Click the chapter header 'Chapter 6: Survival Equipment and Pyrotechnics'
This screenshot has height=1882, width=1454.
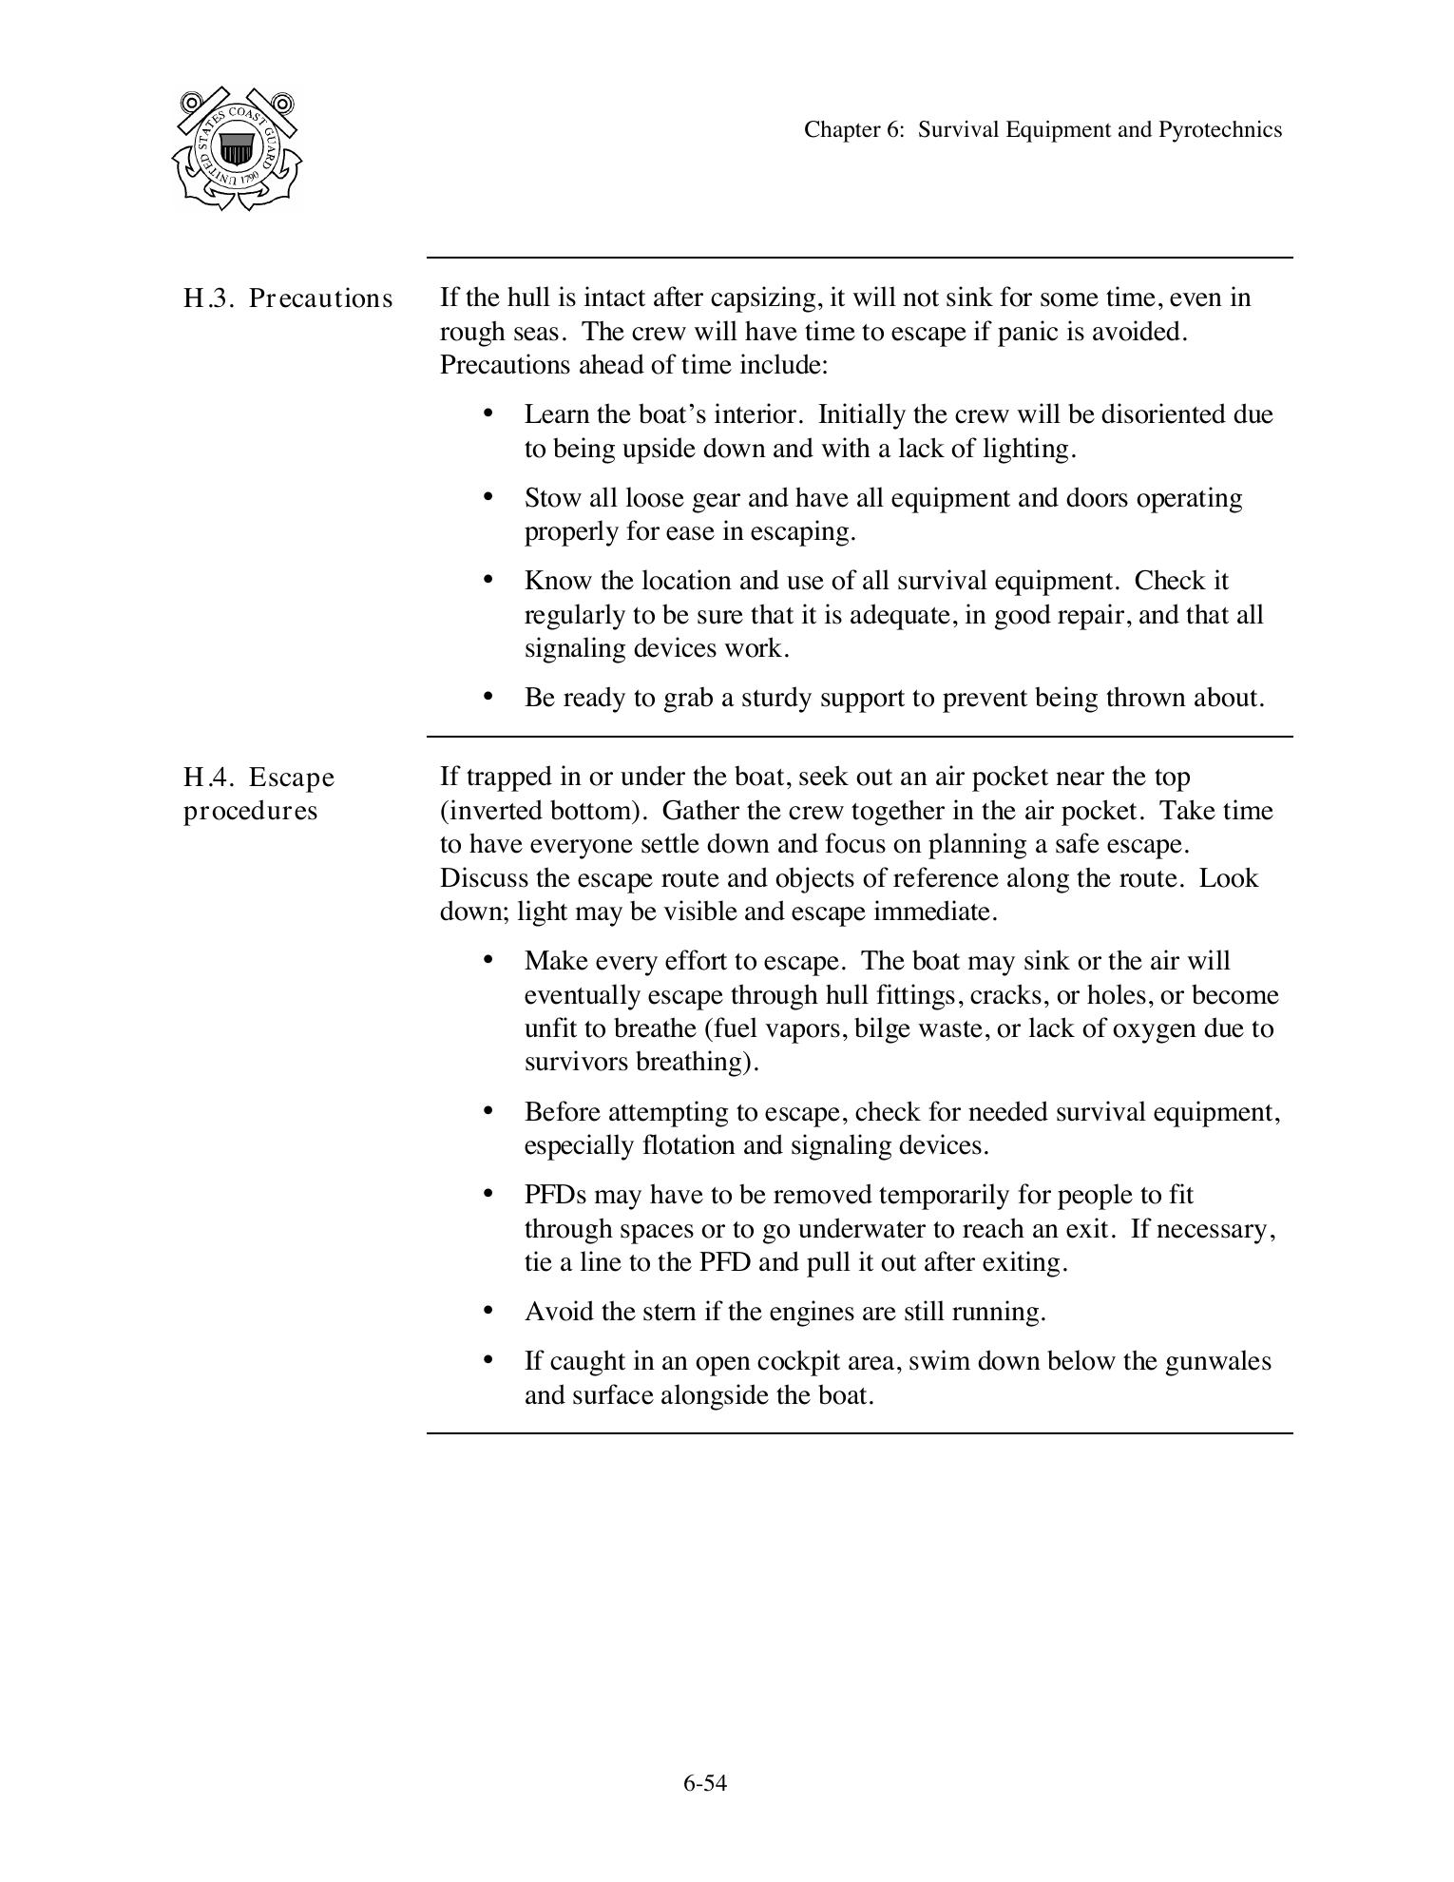pos(1043,129)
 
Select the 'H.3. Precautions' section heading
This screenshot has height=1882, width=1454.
pos(287,298)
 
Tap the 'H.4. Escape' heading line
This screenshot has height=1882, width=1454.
pos(258,778)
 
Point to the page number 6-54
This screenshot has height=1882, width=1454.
pos(704,1783)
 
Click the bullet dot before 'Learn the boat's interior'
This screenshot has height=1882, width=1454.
pos(488,413)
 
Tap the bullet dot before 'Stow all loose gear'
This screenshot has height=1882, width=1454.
pos(488,496)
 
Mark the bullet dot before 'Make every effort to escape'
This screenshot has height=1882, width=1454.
pos(488,959)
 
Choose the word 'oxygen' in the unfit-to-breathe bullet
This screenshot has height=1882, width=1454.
pos(1151,1028)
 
